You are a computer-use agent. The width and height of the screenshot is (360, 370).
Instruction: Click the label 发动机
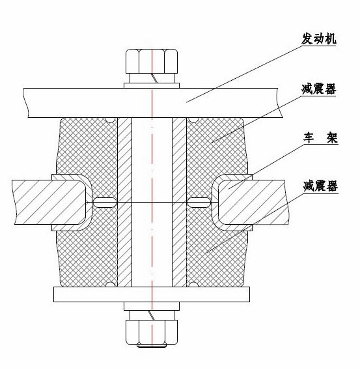click(319, 38)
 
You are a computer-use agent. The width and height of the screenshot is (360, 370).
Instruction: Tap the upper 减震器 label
click(319, 89)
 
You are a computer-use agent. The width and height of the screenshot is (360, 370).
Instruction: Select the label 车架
click(321, 138)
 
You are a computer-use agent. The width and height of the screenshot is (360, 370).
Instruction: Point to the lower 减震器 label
click(321, 186)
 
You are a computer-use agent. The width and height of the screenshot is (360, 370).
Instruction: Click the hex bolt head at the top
click(152, 61)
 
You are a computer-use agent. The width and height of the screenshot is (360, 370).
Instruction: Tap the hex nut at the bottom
click(152, 332)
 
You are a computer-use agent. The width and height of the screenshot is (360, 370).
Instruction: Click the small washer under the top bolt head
click(152, 85)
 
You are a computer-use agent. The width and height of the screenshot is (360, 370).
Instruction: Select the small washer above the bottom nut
click(152, 306)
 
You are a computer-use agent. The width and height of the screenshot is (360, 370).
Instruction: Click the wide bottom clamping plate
click(152, 294)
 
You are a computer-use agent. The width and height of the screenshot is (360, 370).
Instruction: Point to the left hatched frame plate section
click(49, 202)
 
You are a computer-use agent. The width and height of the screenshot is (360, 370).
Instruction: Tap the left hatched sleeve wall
click(124, 202)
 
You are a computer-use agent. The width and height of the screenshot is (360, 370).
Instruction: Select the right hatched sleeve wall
click(179, 202)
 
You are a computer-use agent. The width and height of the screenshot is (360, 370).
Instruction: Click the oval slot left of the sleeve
click(105, 202)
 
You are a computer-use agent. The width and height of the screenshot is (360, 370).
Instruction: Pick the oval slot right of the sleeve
click(199, 202)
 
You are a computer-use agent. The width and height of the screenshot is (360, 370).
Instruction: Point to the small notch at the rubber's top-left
click(110, 120)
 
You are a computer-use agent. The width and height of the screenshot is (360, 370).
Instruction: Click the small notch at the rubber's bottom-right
click(193, 285)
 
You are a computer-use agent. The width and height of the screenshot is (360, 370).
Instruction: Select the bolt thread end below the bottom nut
click(152, 345)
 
